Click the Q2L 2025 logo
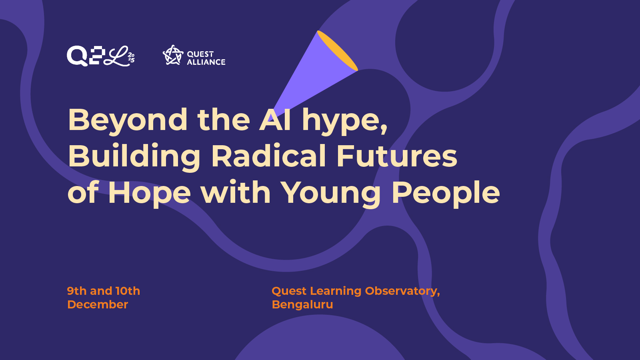point(100,56)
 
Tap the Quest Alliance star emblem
point(173,55)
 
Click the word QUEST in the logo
point(200,54)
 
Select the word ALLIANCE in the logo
point(206,62)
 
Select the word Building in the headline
point(134,157)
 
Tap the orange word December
point(98,304)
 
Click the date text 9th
point(76,291)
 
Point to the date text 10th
point(128,291)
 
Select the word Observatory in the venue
point(402,291)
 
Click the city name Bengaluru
point(302,304)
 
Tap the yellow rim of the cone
point(338,50)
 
